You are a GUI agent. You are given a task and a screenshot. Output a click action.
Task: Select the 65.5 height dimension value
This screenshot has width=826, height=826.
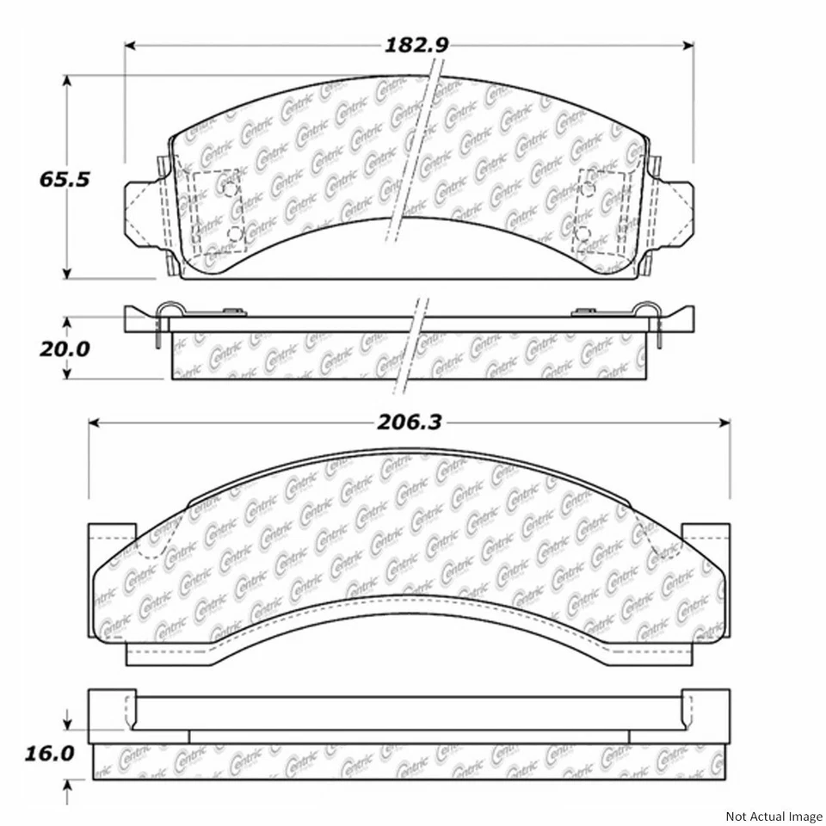[65, 180]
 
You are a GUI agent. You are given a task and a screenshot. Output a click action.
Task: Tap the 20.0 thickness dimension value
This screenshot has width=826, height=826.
[65, 348]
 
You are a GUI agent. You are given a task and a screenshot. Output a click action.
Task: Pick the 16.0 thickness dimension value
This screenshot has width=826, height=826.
[50, 754]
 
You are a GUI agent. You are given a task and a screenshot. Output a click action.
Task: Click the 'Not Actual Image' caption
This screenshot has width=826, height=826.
[774, 815]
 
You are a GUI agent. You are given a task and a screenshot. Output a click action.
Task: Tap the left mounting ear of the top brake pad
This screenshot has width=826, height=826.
[142, 212]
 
